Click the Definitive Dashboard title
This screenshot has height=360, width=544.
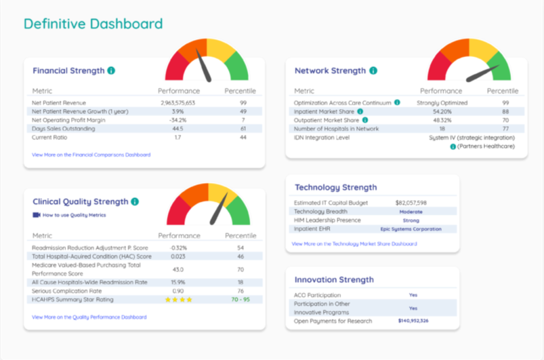pyautogui.click(x=93, y=24)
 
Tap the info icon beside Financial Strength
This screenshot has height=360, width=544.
pyautogui.click(x=111, y=71)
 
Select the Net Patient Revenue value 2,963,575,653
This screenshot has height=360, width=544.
pyautogui.click(x=178, y=103)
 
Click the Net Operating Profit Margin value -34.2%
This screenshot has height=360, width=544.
pyautogui.click(x=178, y=120)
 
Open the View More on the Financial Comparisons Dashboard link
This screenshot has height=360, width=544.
pyautogui.click(x=91, y=154)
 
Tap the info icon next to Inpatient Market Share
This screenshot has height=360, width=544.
pyautogui.click(x=360, y=112)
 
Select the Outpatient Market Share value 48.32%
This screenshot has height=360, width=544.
pyautogui.click(x=441, y=120)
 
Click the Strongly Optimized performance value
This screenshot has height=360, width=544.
pyautogui.click(x=442, y=103)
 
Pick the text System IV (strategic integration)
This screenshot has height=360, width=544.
pyautogui.click(x=471, y=138)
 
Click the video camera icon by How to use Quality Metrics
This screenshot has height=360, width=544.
pyautogui.click(x=36, y=215)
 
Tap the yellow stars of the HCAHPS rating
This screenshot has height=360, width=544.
pyautogui.click(x=178, y=299)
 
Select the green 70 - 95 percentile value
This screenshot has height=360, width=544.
pyautogui.click(x=240, y=299)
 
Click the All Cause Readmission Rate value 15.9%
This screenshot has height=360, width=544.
pyautogui.click(x=178, y=282)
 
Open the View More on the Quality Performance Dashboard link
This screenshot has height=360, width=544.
pyautogui.click(x=89, y=317)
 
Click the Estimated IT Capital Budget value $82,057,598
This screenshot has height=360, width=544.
pyautogui.click(x=411, y=202)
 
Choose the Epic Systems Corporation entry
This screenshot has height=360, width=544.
pyautogui.click(x=411, y=229)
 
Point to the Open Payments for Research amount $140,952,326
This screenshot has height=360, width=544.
pyautogui.click(x=413, y=321)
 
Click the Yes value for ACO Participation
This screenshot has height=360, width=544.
pyautogui.click(x=413, y=295)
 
